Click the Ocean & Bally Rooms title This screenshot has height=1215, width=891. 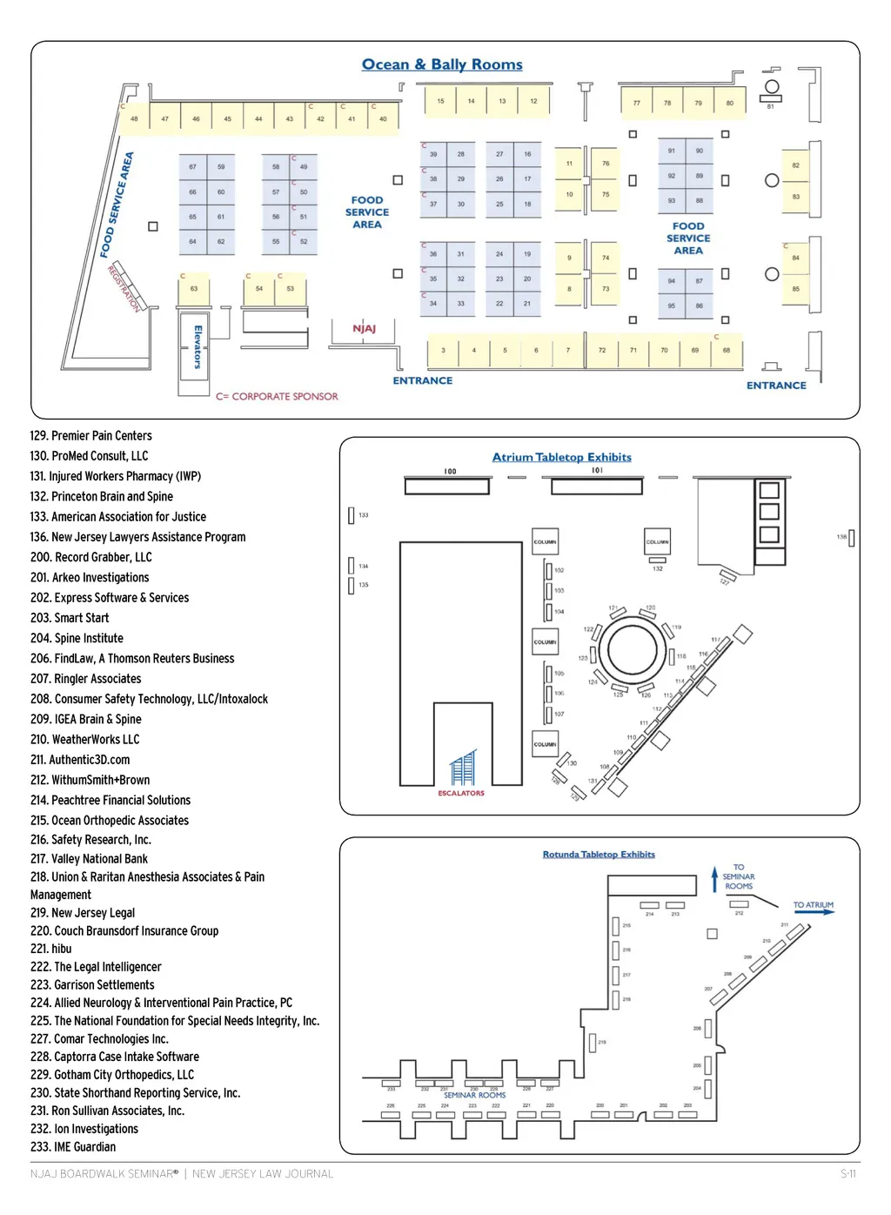pyautogui.click(x=442, y=64)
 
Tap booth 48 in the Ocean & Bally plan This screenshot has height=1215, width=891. pyautogui.click(x=134, y=119)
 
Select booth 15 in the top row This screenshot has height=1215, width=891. pyautogui.click(x=440, y=101)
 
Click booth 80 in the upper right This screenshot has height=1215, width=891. pyautogui.click(x=730, y=103)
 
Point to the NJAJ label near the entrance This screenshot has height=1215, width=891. pyautogui.click(x=364, y=329)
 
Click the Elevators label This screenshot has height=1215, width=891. pyautogui.click(x=198, y=346)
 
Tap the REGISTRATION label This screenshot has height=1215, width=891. pyautogui.click(x=124, y=288)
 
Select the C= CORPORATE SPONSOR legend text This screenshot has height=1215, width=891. pyautogui.click(x=277, y=396)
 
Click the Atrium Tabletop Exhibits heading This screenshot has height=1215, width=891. pyautogui.click(x=562, y=457)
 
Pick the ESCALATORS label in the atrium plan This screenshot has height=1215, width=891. pyautogui.click(x=461, y=793)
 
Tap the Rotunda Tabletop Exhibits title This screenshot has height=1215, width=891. pyautogui.click(x=599, y=855)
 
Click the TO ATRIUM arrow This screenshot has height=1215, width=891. pyautogui.click(x=814, y=911)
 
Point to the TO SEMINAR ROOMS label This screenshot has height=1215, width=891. pyautogui.click(x=739, y=876)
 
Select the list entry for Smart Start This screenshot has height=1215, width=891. pyautogui.click(x=70, y=618)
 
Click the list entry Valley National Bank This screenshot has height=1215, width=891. pyautogui.click(x=89, y=859)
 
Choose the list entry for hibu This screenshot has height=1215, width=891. pyautogui.click(x=51, y=949)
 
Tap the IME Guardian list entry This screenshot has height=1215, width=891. pyautogui.click(x=73, y=1147)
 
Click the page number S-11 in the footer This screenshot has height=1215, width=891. pyautogui.click(x=848, y=1174)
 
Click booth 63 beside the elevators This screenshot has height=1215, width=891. pyautogui.click(x=194, y=289)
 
